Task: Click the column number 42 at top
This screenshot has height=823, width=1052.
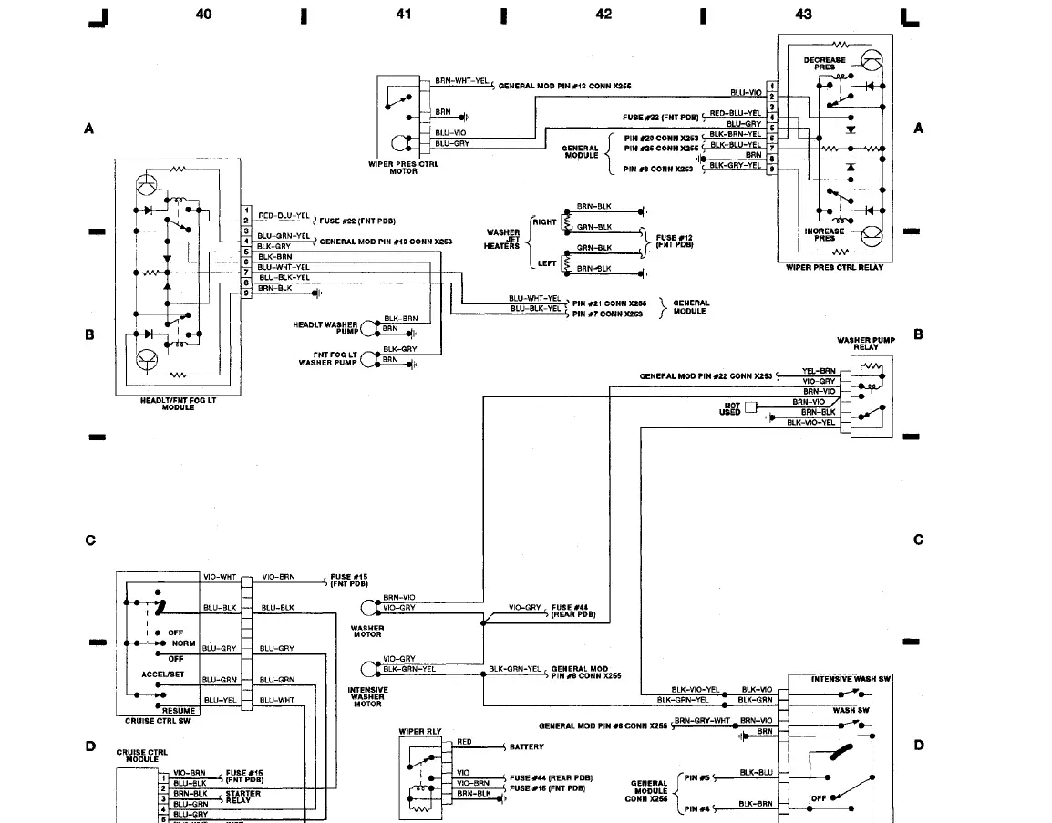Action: (x=603, y=14)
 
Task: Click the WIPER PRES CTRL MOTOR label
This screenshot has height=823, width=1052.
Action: (x=404, y=168)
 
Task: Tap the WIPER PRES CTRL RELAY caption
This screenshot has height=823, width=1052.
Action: (x=834, y=267)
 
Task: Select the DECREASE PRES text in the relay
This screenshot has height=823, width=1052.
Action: (x=824, y=63)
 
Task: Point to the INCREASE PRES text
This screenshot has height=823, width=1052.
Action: (x=824, y=234)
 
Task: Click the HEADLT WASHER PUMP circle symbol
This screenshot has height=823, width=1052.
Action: (x=369, y=328)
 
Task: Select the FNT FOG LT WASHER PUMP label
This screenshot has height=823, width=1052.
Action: (x=328, y=358)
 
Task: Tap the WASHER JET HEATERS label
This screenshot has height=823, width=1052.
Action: (x=502, y=239)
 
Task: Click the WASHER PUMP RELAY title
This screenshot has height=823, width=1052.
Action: (x=866, y=344)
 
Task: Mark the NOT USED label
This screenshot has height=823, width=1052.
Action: (x=731, y=408)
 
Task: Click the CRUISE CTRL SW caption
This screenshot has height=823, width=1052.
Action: (x=157, y=721)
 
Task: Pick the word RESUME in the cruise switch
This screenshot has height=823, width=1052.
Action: (x=178, y=710)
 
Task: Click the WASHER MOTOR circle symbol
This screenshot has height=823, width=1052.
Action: (x=369, y=607)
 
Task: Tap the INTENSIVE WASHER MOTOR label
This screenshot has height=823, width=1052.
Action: (x=367, y=697)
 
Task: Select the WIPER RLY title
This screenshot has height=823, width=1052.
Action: (x=419, y=731)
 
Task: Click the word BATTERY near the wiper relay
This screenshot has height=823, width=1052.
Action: (x=527, y=746)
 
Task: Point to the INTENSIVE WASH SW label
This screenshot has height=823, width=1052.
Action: (x=851, y=679)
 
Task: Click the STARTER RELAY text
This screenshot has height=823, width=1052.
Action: (x=243, y=797)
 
